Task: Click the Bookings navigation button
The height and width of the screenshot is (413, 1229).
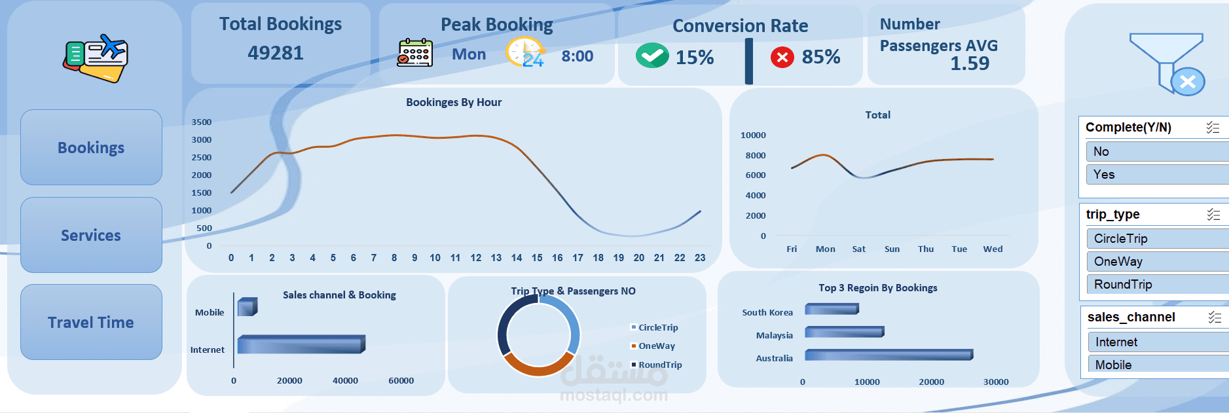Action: click(x=91, y=147)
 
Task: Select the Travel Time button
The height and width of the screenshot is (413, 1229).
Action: click(x=91, y=322)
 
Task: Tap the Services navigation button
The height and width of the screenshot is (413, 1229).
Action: click(x=91, y=235)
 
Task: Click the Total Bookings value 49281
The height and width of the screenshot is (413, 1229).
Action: click(x=276, y=53)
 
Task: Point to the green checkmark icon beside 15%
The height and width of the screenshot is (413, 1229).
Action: click(x=651, y=56)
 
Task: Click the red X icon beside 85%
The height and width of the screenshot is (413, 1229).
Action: click(x=782, y=57)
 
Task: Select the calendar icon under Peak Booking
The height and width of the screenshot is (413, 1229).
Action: click(x=415, y=53)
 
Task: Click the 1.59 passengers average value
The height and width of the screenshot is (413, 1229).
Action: click(x=970, y=63)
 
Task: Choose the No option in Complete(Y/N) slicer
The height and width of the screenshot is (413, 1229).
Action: click(x=1156, y=152)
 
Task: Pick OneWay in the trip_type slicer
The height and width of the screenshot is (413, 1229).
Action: click(x=1156, y=262)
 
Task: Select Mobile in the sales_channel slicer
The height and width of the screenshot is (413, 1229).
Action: click(x=1156, y=365)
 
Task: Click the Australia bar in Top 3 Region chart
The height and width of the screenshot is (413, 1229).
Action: click(x=888, y=355)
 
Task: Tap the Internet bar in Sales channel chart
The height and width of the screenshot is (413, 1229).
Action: click(x=301, y=344)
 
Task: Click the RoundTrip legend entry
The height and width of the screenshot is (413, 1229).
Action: click(x=659, y=365)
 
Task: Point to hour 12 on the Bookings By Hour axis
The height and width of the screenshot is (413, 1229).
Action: click(x=476, y=258)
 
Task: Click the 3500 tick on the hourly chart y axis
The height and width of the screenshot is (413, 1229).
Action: click(x=202, y=122)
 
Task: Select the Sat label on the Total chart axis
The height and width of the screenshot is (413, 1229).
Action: click(x=858, y=249)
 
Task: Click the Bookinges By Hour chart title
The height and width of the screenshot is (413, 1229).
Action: click(x=454, y=102)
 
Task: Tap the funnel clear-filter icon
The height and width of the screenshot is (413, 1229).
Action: click(x=1167, y=63)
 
